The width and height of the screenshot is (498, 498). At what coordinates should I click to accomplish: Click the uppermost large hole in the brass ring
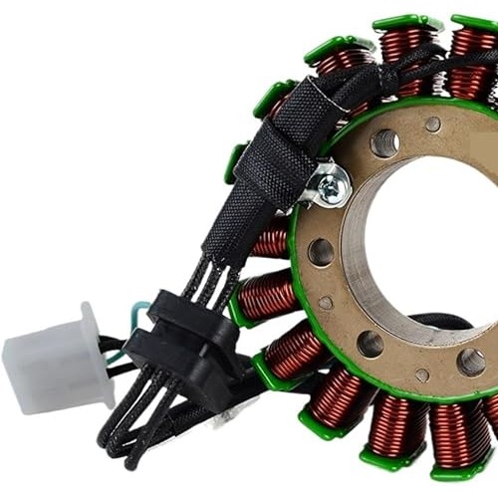384,142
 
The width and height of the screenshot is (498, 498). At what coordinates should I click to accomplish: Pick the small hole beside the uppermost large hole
432,124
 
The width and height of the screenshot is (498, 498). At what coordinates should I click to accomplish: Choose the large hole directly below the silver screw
321,251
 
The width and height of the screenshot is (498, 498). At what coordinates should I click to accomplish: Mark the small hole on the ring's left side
326,302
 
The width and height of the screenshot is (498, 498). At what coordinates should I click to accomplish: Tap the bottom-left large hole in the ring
370,344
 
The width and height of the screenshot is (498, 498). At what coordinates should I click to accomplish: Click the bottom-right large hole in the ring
470,362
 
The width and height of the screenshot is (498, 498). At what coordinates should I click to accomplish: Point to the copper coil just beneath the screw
271,239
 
